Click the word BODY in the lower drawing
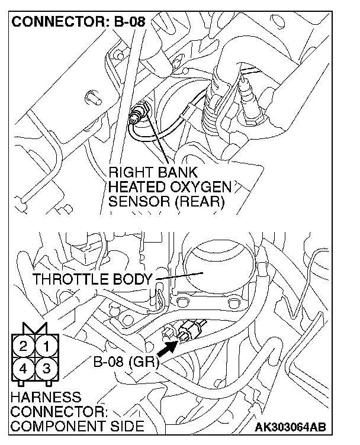tap(134, 279)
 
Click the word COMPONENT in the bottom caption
tap(50, 426)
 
